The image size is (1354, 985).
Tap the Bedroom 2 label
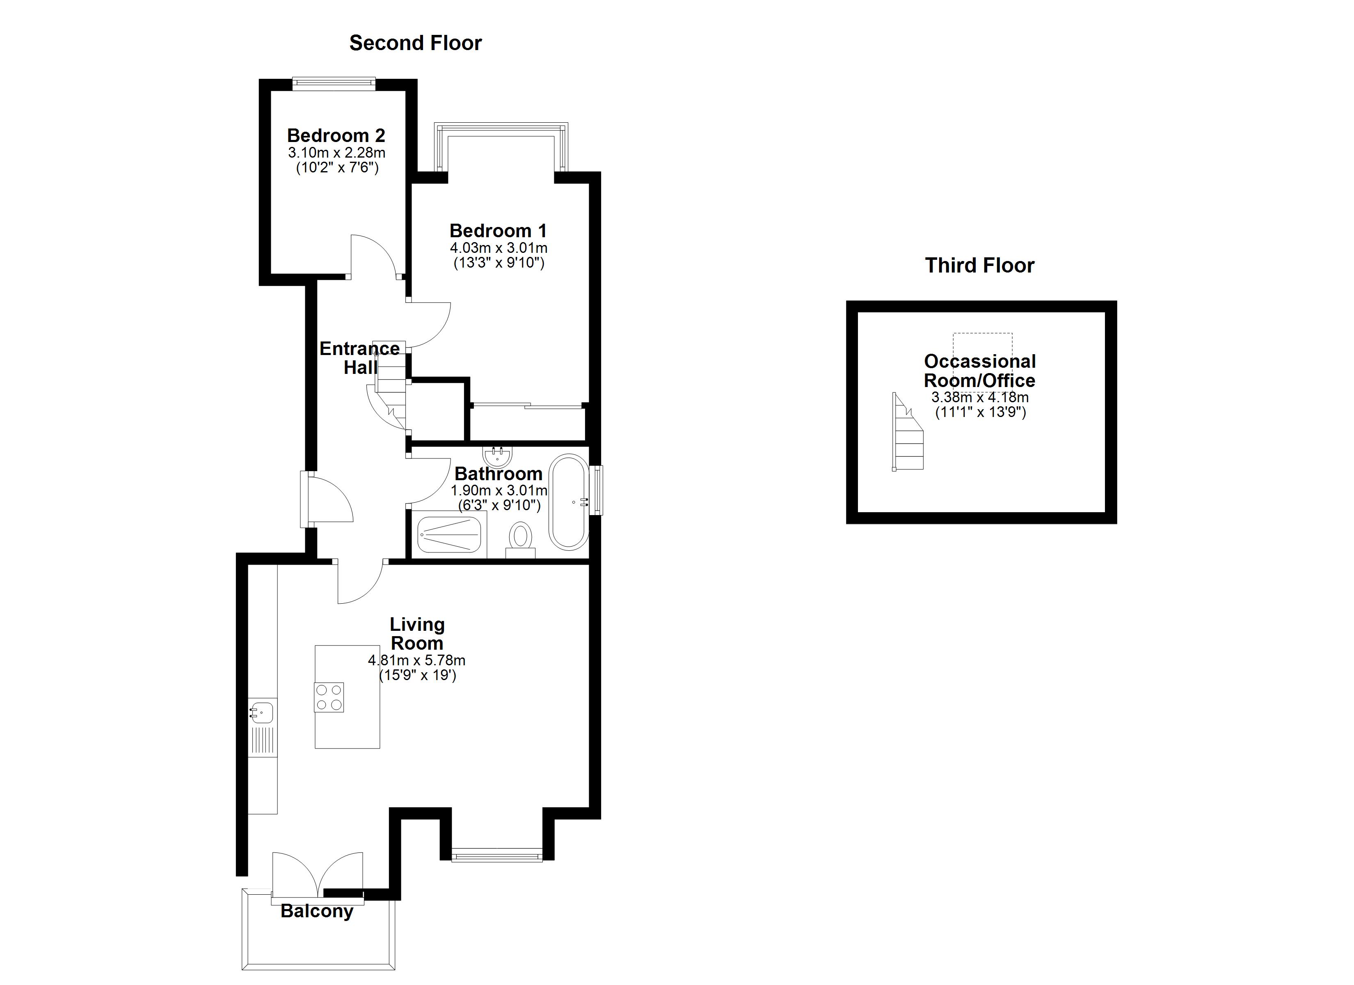coord(336,135)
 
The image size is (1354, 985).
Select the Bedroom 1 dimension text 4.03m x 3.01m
coord(499,248)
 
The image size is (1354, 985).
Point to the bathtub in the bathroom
coord(569,502)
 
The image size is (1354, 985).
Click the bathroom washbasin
coord(497,456)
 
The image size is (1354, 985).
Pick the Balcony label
coord(317,911)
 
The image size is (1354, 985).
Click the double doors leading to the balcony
coord(318,875)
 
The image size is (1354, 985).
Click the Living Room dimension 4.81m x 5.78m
coord(417,661)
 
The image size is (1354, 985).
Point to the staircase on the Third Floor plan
coord(908,433)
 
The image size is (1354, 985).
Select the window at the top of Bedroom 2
coord(334,84)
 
